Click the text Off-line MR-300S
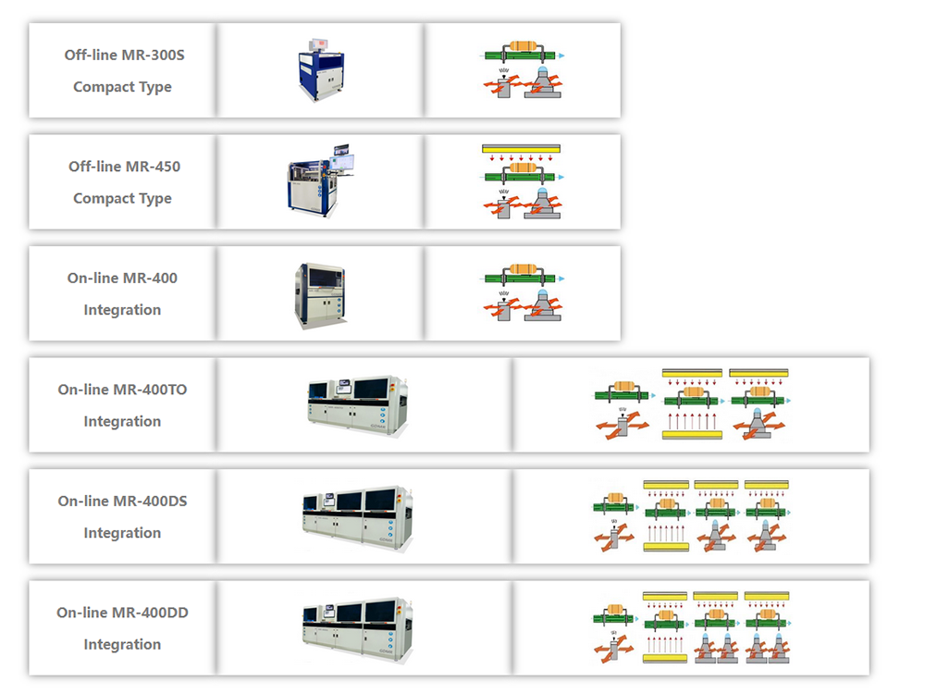coord(125,55)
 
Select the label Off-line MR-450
coord(125,167)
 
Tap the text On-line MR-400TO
coord(123,390)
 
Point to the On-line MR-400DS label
coord(123,501)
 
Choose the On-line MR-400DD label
coord(123,613)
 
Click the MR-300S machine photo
coord(321,70)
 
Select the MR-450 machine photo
coord(321,180)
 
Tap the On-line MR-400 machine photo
coord(320,295)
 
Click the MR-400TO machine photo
coord(357,406)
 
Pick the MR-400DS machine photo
coord(357,518)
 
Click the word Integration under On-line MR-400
coord(122,310)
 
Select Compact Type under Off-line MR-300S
coord(122,87)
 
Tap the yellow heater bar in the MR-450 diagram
coord(521,149)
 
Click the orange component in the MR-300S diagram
coord(522,45)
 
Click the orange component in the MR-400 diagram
coord(522,268)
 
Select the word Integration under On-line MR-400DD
coord(122,644)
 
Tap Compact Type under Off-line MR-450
coord(122,198)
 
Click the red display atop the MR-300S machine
coord(319,43)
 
